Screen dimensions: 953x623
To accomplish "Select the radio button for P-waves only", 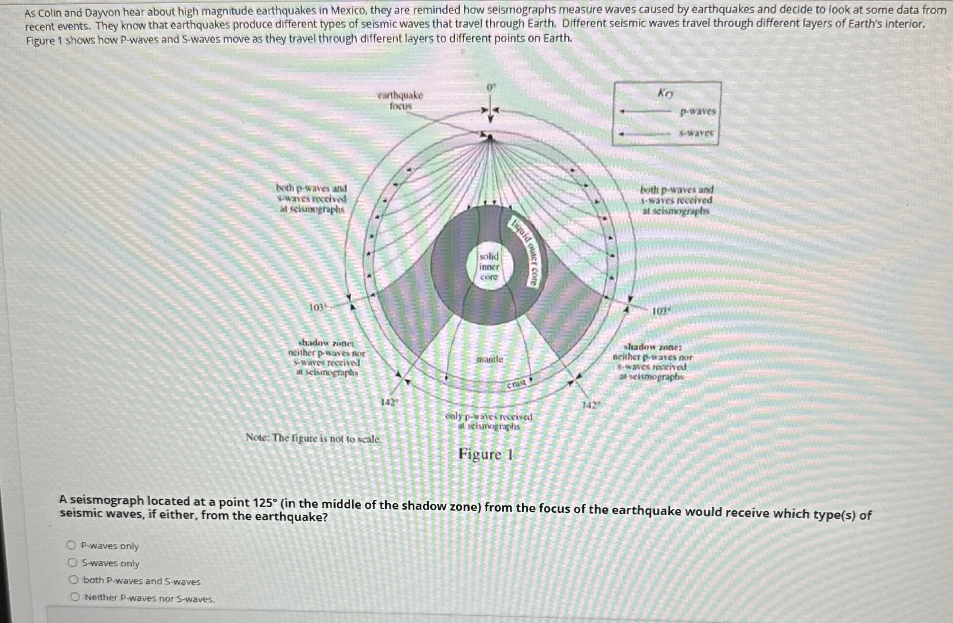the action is [71, 545].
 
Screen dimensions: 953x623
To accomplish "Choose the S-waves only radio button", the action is [72, 563].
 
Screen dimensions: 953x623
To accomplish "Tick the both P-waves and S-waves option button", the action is [74, 580].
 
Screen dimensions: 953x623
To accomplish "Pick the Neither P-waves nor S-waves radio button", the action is [75, 598].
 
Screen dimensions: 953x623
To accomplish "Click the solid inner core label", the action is [489, 267].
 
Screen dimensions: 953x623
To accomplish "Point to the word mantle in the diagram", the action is [489, 359].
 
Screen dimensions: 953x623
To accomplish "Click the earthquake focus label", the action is [400, 101].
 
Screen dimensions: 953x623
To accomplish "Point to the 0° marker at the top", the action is [491, 87].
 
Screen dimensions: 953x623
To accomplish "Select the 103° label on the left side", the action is [318, 308].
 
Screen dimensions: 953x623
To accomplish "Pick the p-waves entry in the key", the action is [698, 112].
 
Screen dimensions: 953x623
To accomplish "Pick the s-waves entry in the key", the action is [696, 133].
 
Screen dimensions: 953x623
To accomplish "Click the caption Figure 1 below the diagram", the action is [485, 454].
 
